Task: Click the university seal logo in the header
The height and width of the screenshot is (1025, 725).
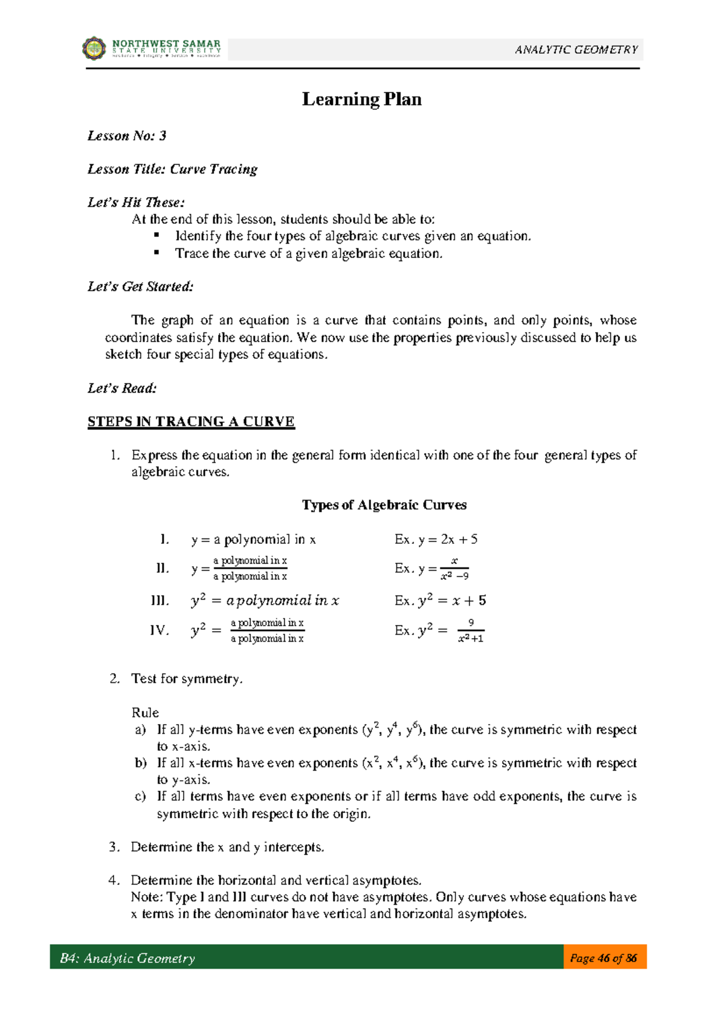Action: tap(94, 48)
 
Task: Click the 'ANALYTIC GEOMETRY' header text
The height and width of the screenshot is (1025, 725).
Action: tap(576, 50)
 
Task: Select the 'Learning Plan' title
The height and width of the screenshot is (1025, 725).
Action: tap(361, 99)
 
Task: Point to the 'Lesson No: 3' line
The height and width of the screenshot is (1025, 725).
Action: tap(127, 136)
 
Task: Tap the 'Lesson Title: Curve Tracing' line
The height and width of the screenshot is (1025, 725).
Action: tap(172, 169)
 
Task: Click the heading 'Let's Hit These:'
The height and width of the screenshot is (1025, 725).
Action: tap(136, 202)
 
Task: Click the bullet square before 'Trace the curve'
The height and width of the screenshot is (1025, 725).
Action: tap(156, 253)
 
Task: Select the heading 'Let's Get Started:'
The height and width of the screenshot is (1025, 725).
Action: tap(140, 286)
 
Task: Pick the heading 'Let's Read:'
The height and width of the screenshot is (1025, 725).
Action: tap(122, 388)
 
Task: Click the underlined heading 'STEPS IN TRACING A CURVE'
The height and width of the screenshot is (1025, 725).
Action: tap(191, 422)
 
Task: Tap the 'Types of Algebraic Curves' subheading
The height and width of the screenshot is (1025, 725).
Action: tap(384, 505)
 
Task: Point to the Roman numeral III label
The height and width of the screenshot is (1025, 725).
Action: tap(160, 601)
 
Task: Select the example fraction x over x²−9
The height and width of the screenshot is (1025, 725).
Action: tap(454, 569)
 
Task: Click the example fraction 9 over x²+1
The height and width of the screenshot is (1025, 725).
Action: tap(471, 630)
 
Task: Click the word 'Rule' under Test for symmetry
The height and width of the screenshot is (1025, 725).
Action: tap(145, 713)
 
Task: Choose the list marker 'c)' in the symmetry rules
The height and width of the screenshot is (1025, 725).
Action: tap(140, 797)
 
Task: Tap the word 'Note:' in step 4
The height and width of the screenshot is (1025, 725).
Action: tap(147, 897)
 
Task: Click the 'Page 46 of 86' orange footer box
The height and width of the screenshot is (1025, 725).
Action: tap(604, 958)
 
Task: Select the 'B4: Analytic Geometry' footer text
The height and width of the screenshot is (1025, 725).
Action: tap(127, 958)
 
